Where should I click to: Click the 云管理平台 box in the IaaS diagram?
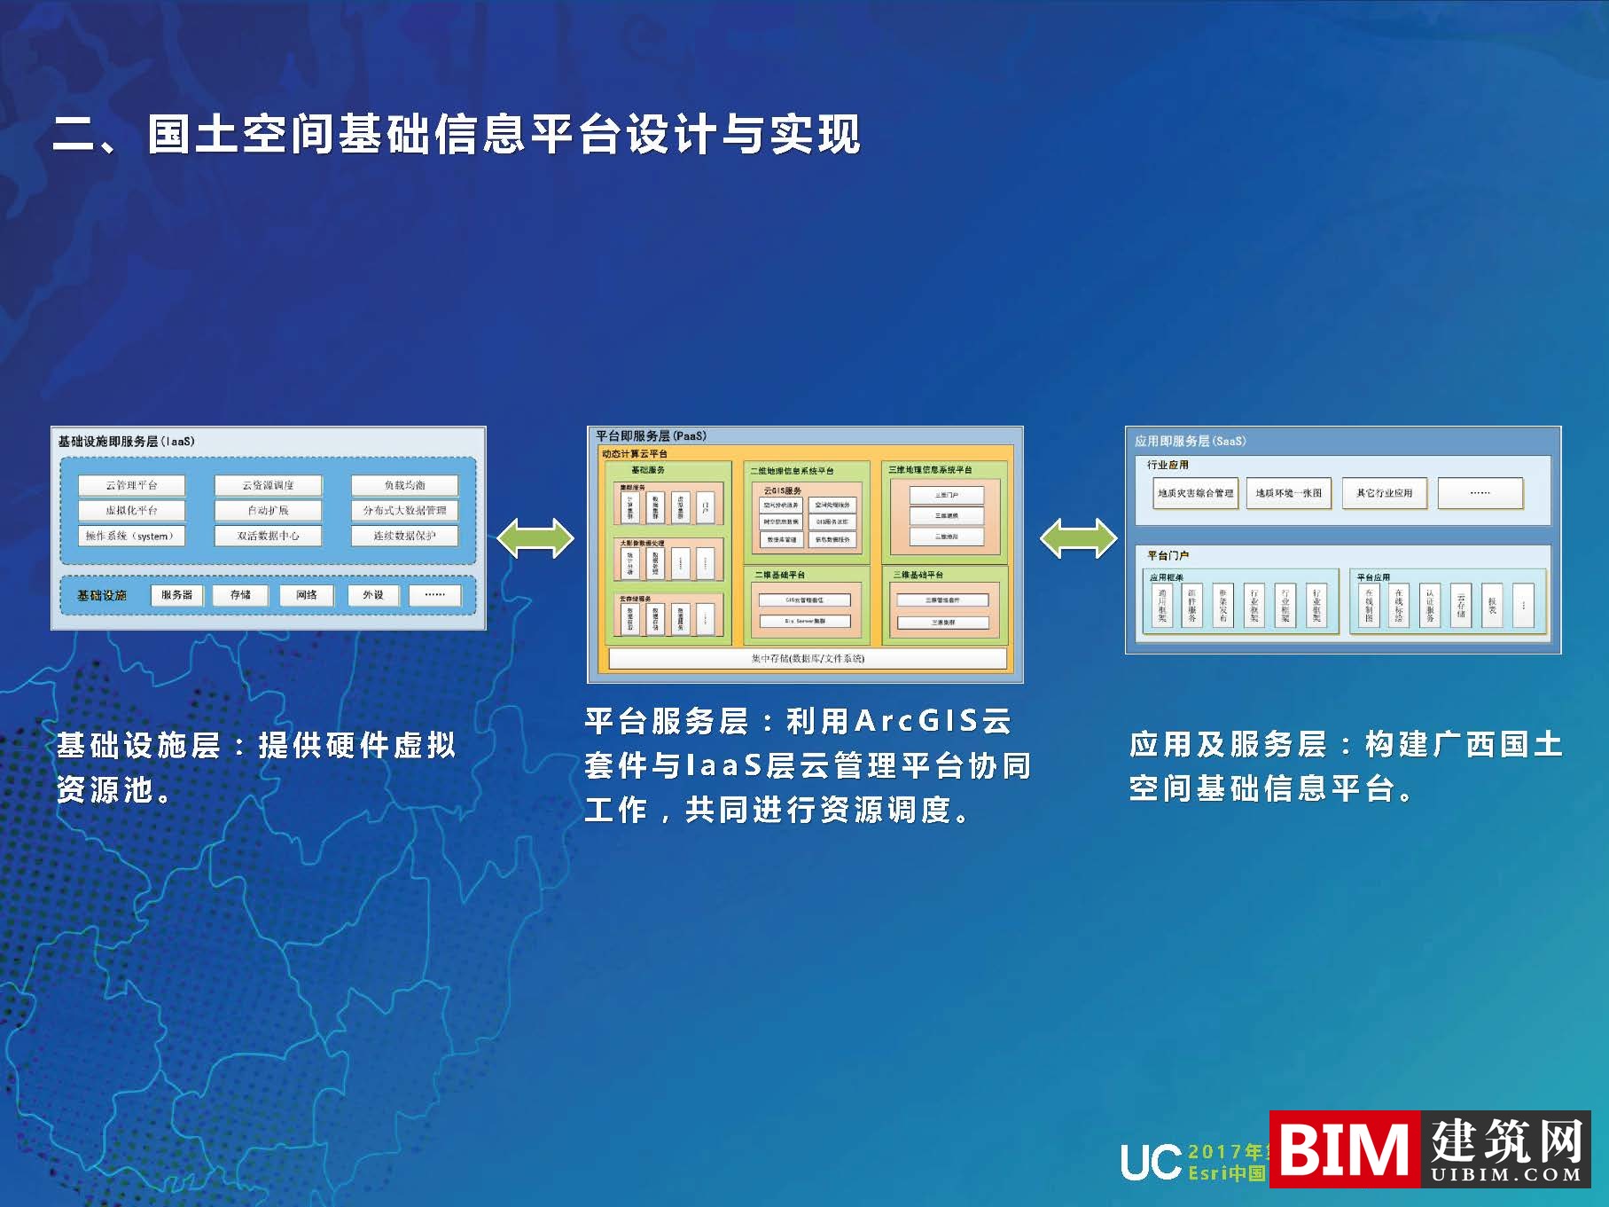(x=131, y=485)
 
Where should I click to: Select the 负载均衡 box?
(x=404, y=485)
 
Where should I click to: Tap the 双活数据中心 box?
(x=268, y=536)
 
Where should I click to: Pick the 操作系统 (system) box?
(x=131, y=536)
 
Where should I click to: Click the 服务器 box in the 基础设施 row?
(x=176, y=595)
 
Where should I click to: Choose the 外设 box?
(x=373, y=595)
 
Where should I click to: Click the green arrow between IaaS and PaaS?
(x=535, y=538)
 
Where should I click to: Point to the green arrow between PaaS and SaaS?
(x=1078, y=538)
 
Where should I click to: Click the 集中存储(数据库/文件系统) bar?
(x=808, y=658)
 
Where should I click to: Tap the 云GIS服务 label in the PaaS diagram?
(x=782, y=490)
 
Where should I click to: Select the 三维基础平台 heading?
(x=918, y=575)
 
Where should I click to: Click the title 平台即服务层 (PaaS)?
(x=651, y=435)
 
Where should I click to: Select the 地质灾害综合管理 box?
(x=1195, y=493)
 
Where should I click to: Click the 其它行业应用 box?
(x=1384, y=493)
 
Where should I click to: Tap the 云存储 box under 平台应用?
(x=1461, y=606)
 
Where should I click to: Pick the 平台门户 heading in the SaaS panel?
(x=1168, y=555)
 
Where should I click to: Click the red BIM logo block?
(x=1344, y=1149)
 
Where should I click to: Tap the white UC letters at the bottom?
(x=1151, y=1162)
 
